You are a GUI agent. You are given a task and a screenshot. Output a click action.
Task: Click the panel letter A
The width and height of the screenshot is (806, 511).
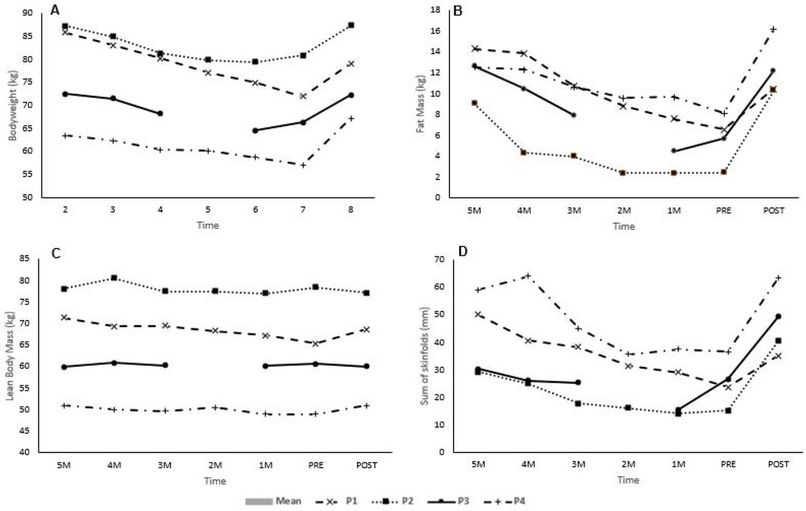(x=55, y=9)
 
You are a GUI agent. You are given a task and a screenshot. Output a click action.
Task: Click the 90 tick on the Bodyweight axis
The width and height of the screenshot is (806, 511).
(x=28, y=13)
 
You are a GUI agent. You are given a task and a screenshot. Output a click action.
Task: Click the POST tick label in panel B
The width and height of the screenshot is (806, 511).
(x=773, y=211)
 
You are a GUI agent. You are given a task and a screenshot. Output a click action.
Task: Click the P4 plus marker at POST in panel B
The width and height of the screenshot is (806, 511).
(x=773, y=29)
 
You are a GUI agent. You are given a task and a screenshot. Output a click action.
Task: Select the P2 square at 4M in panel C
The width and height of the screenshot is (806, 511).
(x=113, y=278)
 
